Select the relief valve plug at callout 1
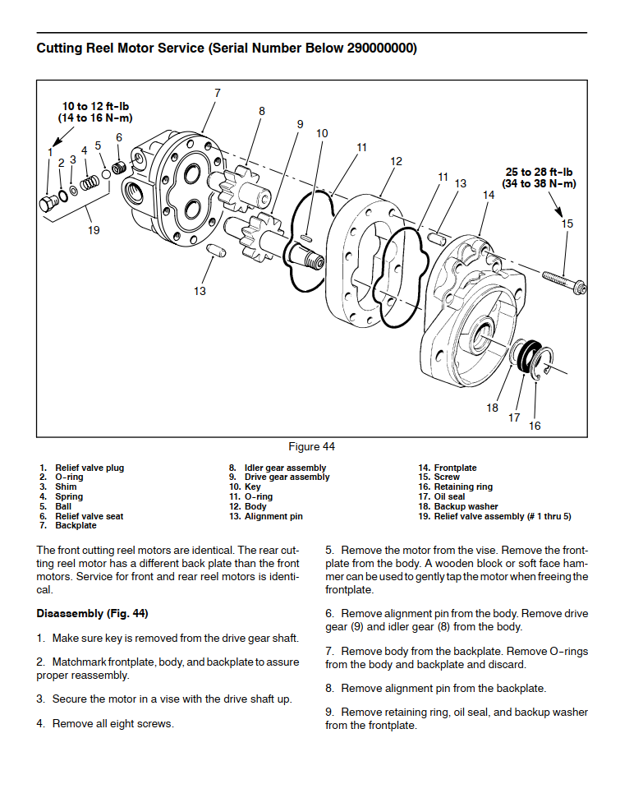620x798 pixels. click(x=48, y=201)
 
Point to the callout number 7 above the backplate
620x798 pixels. click(x=218, y=93)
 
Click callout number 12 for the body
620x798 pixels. click(x=397, y=161)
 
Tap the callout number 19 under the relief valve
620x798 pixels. click(x=94, y=230)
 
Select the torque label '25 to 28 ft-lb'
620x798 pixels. click(x=540, y=172)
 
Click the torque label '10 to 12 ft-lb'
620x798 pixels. click(x=95, y=107)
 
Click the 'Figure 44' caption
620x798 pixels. click(x=311, y=447)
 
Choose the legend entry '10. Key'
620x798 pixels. click(x=245, y=487)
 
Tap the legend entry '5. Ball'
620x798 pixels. click(x=57, y=506)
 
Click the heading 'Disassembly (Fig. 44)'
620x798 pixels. click(x=92, y=614)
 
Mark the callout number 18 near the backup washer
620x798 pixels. click(x=492, y=408)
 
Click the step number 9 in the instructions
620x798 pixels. click(x=329, y=712)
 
